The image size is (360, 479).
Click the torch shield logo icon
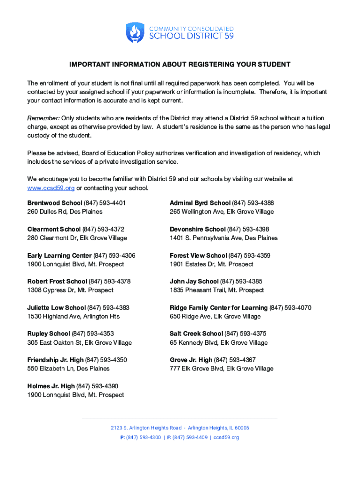point(135,33)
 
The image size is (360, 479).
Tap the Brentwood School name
point(54,203)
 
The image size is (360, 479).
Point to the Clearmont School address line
point(77,238)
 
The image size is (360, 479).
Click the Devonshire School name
point(197,229)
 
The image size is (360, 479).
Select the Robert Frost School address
point(70,290)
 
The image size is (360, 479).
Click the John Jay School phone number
point(241,281)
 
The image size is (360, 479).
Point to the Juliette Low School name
point(56,307)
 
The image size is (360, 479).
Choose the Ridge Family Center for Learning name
point(218,307)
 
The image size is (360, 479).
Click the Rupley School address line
point(79,343)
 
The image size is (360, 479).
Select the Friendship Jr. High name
point(55,360)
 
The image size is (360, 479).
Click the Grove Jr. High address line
point(221,369)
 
